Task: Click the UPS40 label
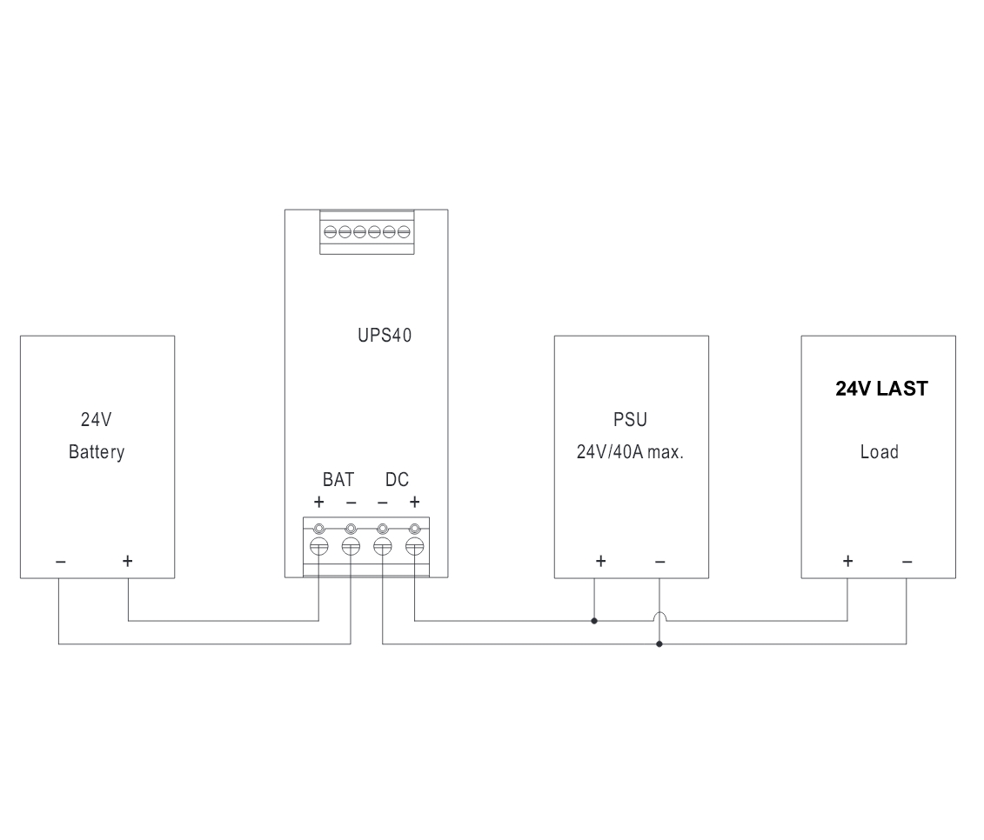(x=384, y=336)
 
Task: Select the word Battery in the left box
(x=97, y=452)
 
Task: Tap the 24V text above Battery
(x=96, y=420)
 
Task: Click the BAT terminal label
(x=338, y=480)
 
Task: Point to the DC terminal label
(x=397, y=480)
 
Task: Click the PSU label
(x=630, y=420)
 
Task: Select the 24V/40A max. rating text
(x=630, y=452)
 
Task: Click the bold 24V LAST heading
(x=881, y=389)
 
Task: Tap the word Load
(x=880, y=452)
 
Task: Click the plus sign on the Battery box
(x=127, y=561)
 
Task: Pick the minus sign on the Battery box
(x=60, y=562)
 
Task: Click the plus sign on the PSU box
(x=600, y=561)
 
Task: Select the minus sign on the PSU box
(x=659, y=562)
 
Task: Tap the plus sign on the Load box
(x=847, y=561)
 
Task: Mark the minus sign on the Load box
(x=907, y=562)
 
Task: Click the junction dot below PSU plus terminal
(x=594, y=621)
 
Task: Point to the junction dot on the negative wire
(x=659, y=644)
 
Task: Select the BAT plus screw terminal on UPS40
(x=319, y=546)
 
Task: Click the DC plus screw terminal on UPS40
(x=415, y=546)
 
